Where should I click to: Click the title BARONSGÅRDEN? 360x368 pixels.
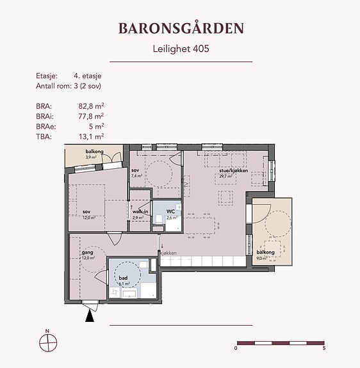(x=181, y=28)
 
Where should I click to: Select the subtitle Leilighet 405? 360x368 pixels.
(x=181, y=49)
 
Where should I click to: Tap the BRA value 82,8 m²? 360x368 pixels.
(x=91, y=106)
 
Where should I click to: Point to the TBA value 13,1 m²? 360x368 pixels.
(x=92, y=136)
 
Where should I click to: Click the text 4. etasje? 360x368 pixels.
(x=88, y=76)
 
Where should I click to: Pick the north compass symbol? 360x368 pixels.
(x=48, y=342)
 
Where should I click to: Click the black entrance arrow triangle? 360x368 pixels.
(x=90, y=316)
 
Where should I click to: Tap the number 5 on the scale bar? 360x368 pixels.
(x=324, y=348)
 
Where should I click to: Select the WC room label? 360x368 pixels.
(x=171, y=211)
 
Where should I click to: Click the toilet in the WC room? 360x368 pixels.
(x=159, y=220)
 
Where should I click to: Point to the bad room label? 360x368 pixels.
(x=123, y=278)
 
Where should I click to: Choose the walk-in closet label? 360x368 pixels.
(x=140, y=212)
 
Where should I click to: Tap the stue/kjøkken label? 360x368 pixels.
(x=234, y=171)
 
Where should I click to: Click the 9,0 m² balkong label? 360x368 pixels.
(x=265, y=252)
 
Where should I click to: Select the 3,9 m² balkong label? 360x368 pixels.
(x=94, y=152)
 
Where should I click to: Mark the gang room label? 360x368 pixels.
(x=87, y=253)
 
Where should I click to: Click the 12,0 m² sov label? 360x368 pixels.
(x=86, y=212)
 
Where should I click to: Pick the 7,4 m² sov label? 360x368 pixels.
(x=135, y=170)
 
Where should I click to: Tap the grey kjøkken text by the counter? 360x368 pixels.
(x=168, y=253)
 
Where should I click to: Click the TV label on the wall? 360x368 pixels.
(x=187, y=184)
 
